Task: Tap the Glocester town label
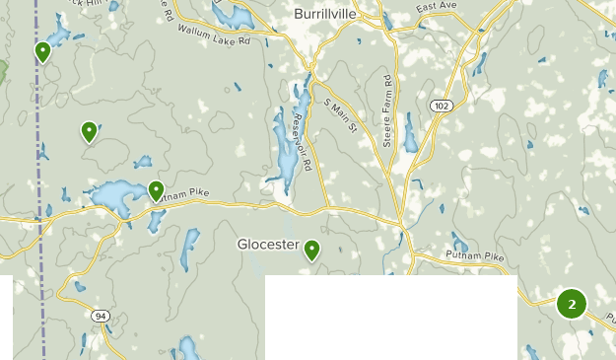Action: [267, 244]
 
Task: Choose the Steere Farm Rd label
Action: [388, 109]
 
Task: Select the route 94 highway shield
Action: [101, 316]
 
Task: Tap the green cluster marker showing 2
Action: [572, 304]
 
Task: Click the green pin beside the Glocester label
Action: [312, 251]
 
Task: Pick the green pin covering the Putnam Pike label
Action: [156, 190]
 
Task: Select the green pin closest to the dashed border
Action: [42, 51]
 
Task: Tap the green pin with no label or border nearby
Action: [90, 131]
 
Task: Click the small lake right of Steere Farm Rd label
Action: [409, 137]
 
